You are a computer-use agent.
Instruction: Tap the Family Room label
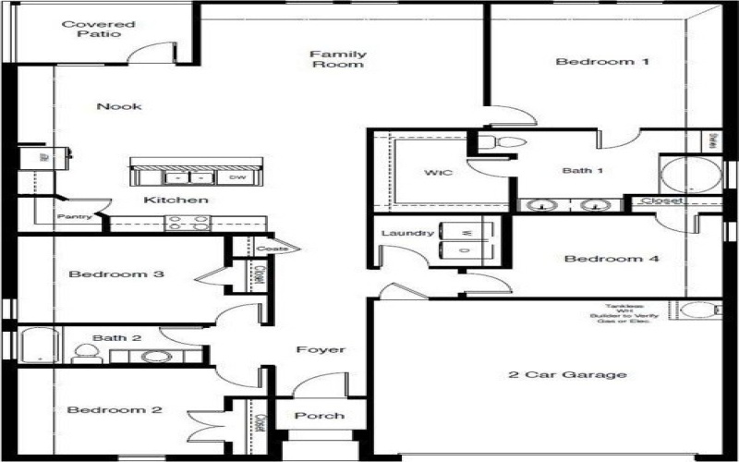tap(337, 60)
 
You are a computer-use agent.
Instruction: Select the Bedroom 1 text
tap(602, 62)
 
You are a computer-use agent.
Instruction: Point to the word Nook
tap(119, 106)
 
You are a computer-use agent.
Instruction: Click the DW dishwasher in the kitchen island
tap(236, 177)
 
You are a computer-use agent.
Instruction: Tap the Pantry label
tap(74, 217)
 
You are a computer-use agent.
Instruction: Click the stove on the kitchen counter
tap(188, 223)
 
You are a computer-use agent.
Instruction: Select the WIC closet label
tap(438, 173)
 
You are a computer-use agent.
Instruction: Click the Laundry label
tap(407, 233)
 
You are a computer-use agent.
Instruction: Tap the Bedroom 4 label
tap(612, 259)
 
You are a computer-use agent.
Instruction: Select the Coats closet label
tap(273, 248)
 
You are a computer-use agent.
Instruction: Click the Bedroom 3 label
tap(116, 274)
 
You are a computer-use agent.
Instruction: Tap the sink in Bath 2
tap(156, 356)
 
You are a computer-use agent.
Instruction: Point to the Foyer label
tap(321, 350)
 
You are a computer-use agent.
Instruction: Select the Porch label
tap(320, 416)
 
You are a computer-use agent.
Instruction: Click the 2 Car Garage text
tap(568, 375)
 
